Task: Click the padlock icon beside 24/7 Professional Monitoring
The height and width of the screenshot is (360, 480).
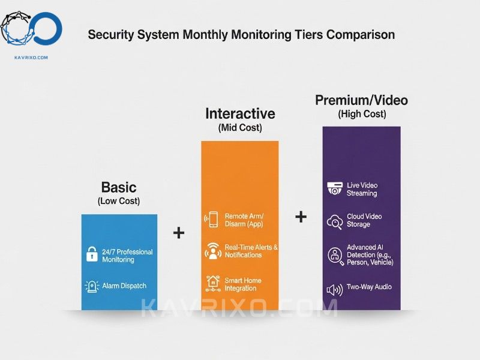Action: [92, 254]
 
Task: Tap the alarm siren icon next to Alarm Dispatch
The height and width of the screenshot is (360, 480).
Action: [92, 287]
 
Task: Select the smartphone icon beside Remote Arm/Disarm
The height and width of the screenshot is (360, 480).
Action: [212, 220]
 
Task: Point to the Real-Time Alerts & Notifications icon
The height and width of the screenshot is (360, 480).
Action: [213, 251]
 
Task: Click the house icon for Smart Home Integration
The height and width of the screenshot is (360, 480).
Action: [213, 283]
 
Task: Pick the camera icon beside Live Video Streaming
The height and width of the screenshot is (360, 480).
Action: [335, 188]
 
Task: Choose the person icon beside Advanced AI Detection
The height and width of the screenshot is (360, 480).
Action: [336, 256]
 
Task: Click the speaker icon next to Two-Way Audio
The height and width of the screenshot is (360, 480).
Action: [335, 290]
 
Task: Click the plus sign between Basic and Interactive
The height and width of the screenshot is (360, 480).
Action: [179, 233]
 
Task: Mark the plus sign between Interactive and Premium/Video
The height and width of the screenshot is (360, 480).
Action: [301, 217]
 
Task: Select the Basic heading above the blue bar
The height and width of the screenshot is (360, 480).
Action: [119, 187]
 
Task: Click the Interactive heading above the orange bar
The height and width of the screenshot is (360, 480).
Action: [241, 113]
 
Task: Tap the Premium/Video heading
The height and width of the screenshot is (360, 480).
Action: [362, 100]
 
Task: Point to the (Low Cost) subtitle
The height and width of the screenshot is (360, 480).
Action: [119, 201]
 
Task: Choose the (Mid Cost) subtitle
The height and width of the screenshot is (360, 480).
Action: [241, 127]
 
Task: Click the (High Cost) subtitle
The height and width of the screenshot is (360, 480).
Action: [362, 114]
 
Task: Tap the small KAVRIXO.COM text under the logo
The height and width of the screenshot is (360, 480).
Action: [31, 57]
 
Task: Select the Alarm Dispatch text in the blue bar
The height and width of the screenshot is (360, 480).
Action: [124, 286]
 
